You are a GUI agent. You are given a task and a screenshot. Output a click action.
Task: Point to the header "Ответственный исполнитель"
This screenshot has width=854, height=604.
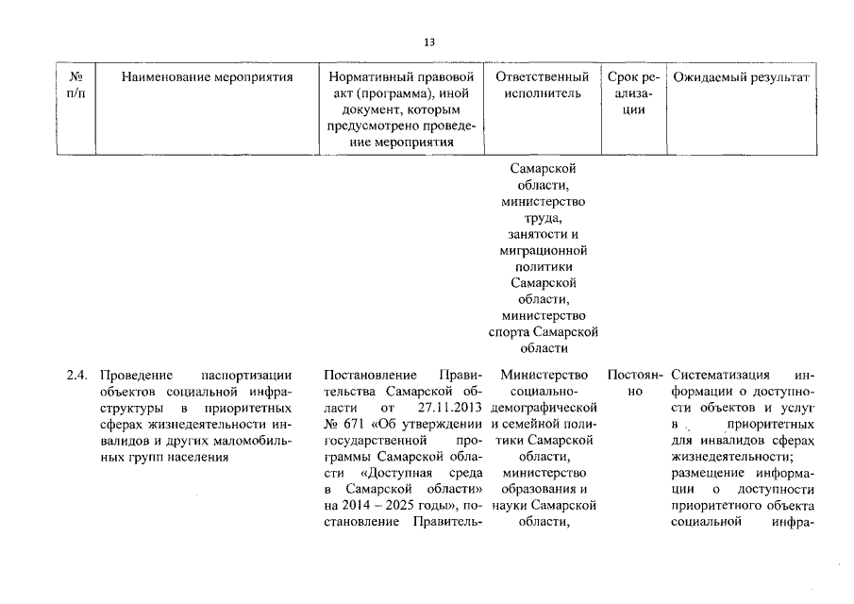[543, 85]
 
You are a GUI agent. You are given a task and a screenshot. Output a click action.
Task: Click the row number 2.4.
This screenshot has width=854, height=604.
[77, 375]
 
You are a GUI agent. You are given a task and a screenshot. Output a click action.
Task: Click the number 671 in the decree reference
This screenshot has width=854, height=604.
[354, 424]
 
